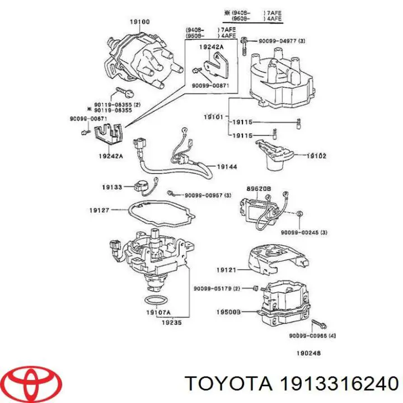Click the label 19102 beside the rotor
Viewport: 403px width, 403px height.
point(316,156)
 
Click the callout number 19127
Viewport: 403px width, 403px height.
point(99,210)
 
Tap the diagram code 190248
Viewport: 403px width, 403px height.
point(308,353)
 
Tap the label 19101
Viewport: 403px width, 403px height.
point(213,117)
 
